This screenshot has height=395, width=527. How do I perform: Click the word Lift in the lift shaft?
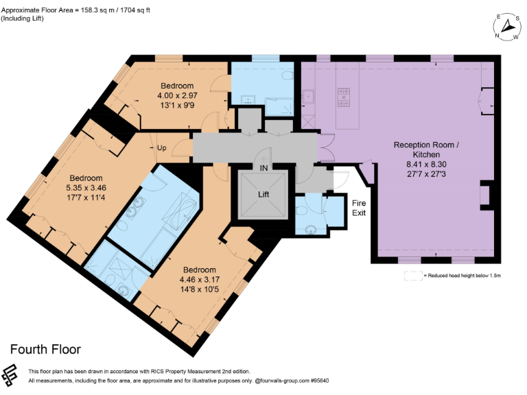[x=263, y=194]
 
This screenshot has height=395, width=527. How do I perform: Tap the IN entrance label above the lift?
[x=263, y=167]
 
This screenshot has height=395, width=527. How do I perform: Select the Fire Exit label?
[x=359, y=208]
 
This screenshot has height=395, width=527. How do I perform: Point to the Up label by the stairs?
[x=162, y=147]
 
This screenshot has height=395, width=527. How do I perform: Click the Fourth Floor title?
[x=45, y=349]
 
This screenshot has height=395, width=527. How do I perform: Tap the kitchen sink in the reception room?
[x=309, y=95]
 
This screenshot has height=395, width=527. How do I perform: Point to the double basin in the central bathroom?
[x=137, y=209]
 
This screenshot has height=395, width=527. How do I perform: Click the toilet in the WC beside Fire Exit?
[x=312, y=229]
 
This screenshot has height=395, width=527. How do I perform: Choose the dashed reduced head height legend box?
[x=412, y=276]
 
